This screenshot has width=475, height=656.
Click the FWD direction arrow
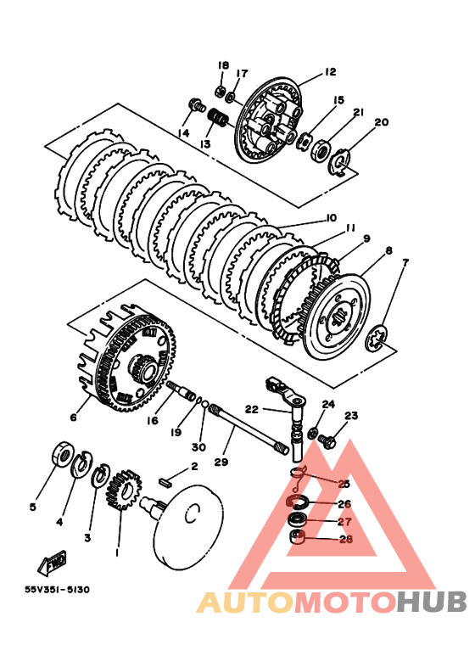[x=53, y=563]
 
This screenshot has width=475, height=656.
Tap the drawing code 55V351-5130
[x=57, y=590]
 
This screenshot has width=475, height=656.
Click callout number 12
[x=330, y=72]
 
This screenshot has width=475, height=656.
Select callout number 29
[x=221, y=462]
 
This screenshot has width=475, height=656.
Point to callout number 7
[x=405, y=262]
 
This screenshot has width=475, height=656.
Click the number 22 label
[x=252, y=409]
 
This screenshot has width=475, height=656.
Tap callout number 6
[x=74, y=418]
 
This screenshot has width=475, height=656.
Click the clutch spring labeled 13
[x=218, y=118]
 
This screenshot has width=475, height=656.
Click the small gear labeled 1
[x=125, y=489]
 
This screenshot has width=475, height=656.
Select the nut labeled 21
[x=321, y=149]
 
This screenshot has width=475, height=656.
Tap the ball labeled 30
[x=205, y=404]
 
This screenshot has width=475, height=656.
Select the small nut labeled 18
[x=220, y=89]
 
